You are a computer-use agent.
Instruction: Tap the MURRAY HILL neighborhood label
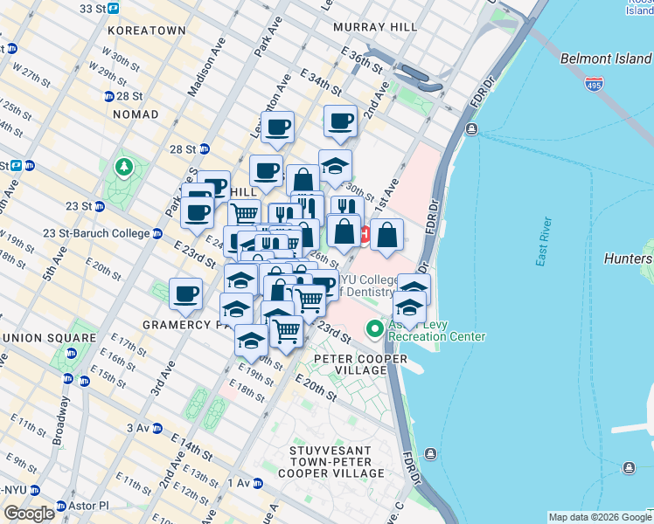coord(375,28)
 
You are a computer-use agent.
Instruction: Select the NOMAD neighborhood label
coord(135,114)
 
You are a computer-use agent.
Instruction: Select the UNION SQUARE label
coord(49,338)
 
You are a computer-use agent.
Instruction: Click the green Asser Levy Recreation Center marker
coord(375,329)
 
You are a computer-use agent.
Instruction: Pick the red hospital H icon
coord(365,234)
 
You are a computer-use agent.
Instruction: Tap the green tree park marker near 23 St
coord(123,166)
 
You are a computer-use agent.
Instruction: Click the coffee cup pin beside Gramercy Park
coord(185,297)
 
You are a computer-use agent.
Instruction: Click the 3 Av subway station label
coord(139,428)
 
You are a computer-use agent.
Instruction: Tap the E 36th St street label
coord(365,67)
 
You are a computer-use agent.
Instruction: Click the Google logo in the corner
coord(29,514)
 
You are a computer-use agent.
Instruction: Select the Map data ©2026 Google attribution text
coord(600,517)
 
